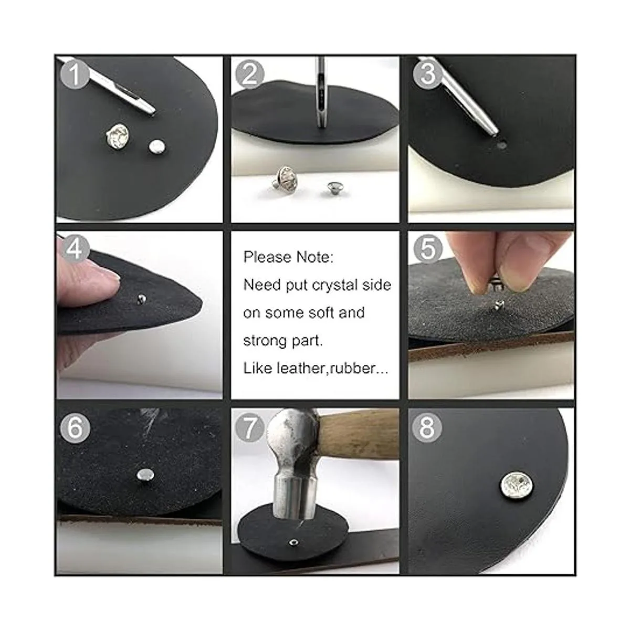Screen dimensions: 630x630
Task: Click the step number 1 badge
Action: [75, 75]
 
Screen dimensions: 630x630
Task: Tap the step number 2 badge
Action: [249, 75]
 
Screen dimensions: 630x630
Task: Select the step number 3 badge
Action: [427, 75]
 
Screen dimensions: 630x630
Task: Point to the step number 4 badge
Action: [75, 250]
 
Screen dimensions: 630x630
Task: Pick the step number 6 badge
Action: [75, 428]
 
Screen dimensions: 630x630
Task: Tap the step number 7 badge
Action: [249, 428]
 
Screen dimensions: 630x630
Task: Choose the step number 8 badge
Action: [427, 428]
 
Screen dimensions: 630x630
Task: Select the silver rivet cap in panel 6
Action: [145, 475]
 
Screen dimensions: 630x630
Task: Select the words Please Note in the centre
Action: [289, 257]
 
